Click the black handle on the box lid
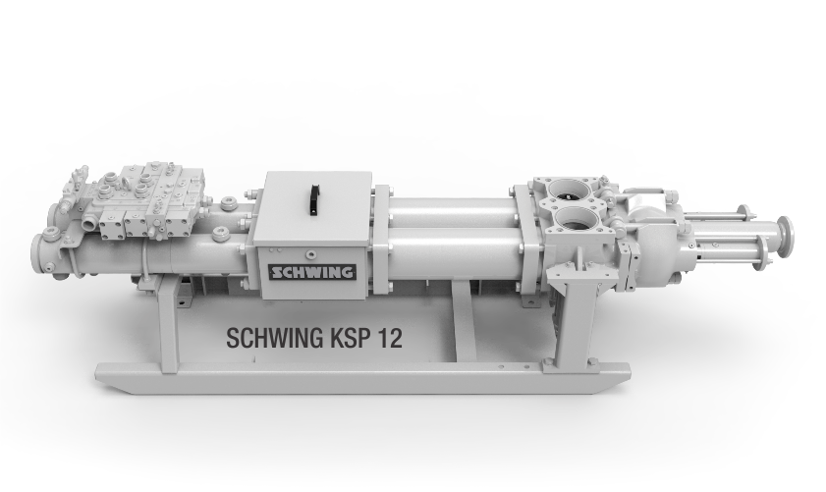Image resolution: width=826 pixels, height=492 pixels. click(314, 199)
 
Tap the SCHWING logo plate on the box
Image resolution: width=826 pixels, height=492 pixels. click(311, 272)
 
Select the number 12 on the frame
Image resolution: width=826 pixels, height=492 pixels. click(389, 337)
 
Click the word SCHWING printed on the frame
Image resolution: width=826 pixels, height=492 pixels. click(274, 338)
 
